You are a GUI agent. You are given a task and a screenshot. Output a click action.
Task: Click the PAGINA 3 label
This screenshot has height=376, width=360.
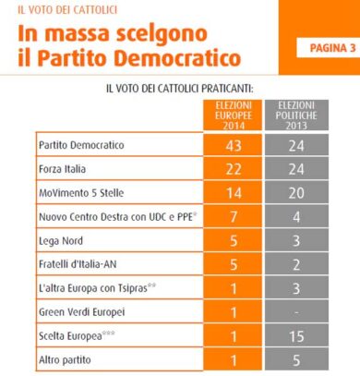click(332, 48)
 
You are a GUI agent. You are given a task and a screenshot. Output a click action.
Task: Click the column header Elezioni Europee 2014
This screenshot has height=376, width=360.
click(234, 115)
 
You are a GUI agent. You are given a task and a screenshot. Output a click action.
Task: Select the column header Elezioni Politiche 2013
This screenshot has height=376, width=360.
click(296, 115)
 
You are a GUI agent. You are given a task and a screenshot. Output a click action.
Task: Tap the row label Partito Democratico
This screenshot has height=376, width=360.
click(81, 145)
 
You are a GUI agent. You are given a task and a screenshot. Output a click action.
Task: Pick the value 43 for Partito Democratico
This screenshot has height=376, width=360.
click(234, 146)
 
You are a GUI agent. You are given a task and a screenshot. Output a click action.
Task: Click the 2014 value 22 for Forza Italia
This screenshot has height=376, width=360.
click(234, 169)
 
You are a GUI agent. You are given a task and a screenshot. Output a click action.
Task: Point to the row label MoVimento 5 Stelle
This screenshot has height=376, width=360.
click(81, 193)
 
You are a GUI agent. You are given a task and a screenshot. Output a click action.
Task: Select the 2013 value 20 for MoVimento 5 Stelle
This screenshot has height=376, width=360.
click(296, 193)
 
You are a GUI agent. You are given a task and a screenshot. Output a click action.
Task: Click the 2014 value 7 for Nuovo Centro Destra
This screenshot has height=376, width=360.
click(234, 217)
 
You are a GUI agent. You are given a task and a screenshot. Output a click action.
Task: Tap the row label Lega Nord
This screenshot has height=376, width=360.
click(61, 241)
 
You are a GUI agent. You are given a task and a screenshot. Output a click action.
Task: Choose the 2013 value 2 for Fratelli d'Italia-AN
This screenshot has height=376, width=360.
click(296, 264)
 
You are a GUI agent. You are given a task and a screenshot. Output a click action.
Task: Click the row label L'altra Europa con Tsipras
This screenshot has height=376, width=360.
click(93, 288)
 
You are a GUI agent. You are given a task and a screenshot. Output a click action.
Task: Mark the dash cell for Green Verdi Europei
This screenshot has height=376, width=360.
click(296, 312)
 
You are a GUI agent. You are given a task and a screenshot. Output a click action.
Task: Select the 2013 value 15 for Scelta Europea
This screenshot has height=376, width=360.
click(296, 336)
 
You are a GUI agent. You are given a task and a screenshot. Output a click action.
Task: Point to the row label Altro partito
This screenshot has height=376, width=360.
click(65, 359)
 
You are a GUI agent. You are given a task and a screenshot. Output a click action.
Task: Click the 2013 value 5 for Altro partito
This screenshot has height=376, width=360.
click(296, 360)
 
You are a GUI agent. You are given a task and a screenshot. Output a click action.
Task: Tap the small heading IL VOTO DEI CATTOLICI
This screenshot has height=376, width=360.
click(67, 10)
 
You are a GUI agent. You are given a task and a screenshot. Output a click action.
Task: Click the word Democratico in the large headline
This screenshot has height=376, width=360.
click(177, 57)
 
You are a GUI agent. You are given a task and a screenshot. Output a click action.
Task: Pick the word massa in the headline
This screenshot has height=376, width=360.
click(78, 33)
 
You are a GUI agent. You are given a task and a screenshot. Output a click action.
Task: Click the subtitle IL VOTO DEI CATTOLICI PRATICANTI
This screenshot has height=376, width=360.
click(180, 89)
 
